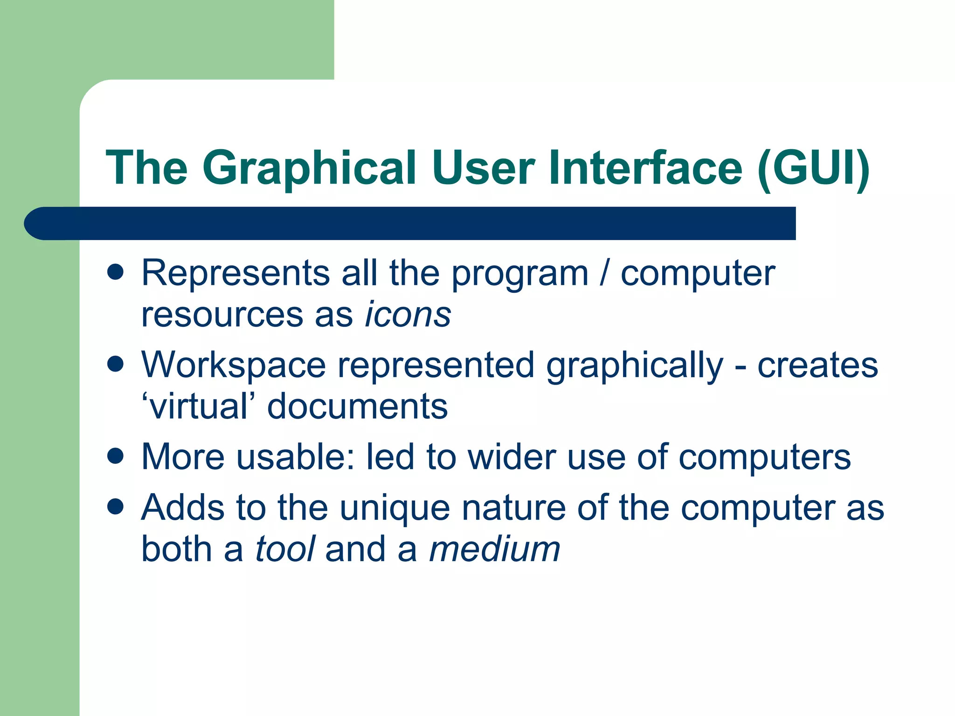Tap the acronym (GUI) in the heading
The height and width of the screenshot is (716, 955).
(813, 168)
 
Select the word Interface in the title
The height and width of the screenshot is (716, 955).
(645, 168)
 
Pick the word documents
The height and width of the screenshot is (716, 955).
(357, 406)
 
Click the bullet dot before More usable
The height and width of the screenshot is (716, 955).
(115, 455)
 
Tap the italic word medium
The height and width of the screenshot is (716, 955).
(494, 549)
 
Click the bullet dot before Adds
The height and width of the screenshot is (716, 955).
(115, 506)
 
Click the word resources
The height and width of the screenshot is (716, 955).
(222, 315)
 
